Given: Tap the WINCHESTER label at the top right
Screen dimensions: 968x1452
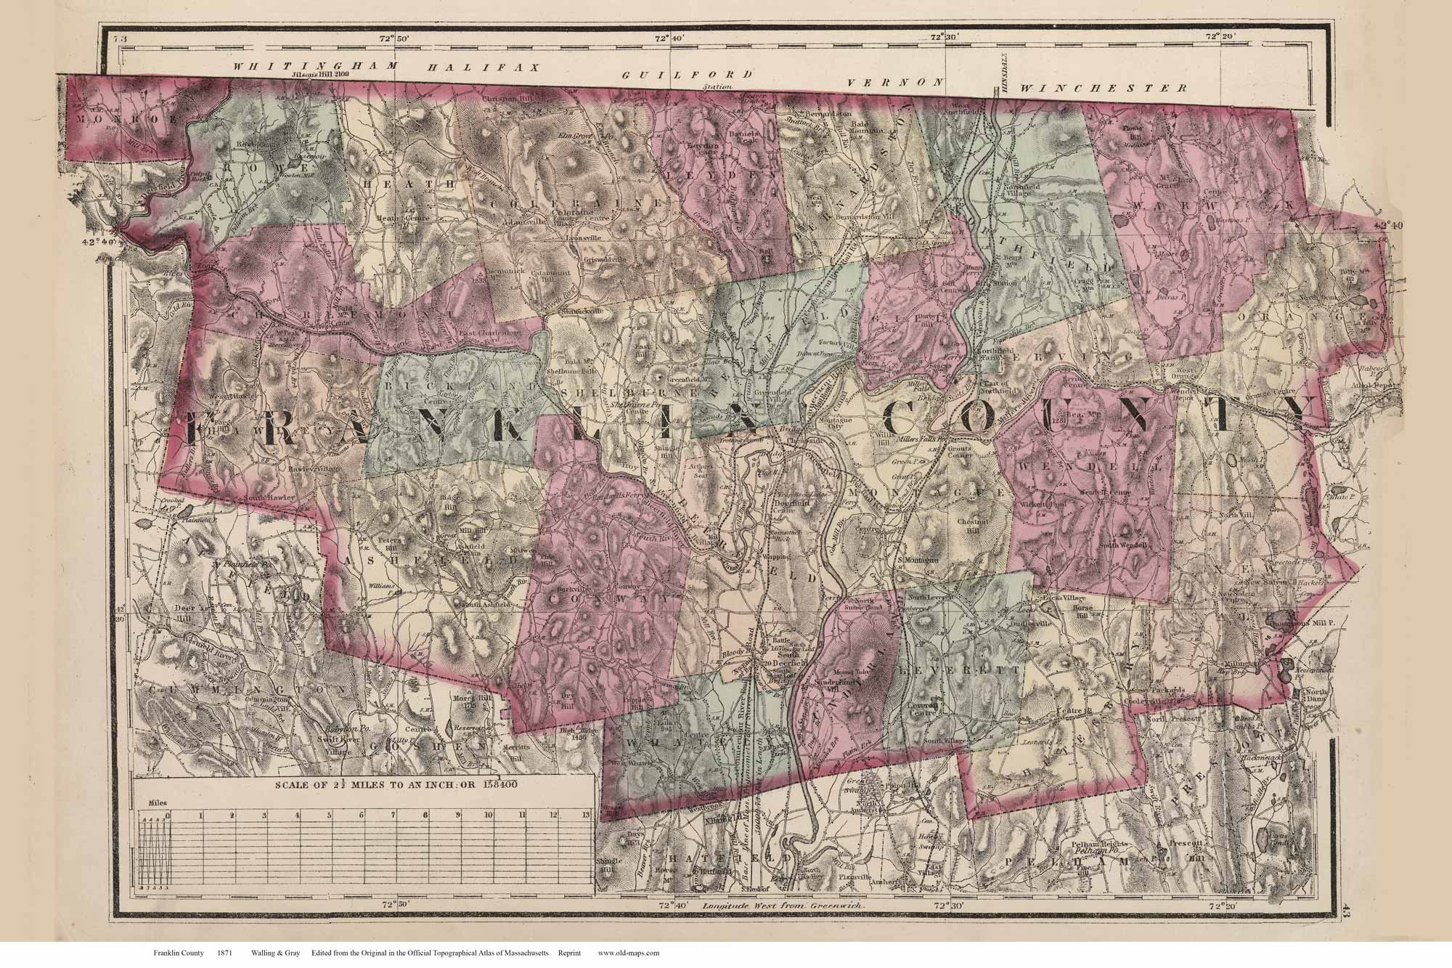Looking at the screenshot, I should point(1104,88).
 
